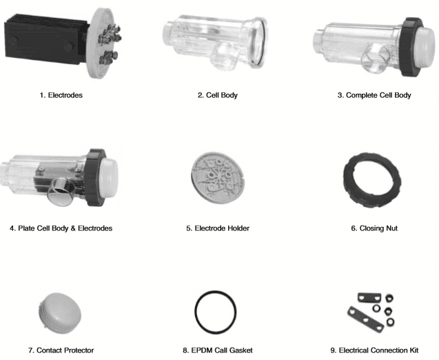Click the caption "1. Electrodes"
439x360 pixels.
[61, 95]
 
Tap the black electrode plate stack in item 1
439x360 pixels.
[45, 42]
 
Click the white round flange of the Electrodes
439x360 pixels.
[104, 43]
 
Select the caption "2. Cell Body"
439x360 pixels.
[218, 95]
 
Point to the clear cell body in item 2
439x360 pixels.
[215, 42]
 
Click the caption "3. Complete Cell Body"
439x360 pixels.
[374, 95]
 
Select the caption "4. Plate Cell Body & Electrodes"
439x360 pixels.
[61, 228]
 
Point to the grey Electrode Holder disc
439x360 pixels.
[218, 178]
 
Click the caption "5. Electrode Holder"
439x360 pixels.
[218, 228]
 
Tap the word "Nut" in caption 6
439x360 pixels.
[392, 228]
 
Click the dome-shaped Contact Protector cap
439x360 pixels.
[60, 313]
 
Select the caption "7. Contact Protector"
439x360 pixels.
[61, 350]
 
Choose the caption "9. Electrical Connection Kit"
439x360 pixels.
[374, 350]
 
